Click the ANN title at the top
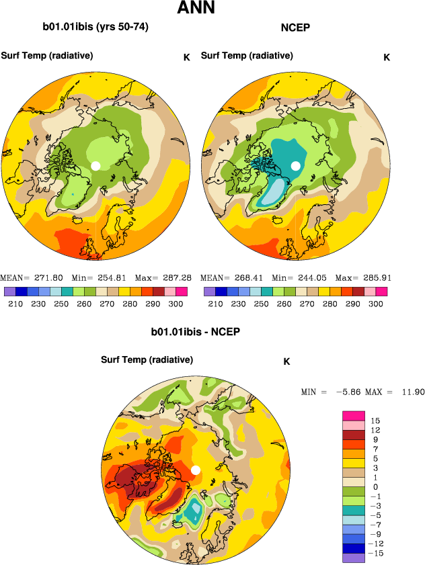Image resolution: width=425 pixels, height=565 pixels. [196, 9]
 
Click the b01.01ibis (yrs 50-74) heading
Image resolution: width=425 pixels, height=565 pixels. [95, 28]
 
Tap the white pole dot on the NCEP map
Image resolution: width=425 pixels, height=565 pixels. [295, 165]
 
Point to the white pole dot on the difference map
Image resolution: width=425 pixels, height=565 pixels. [196, 470]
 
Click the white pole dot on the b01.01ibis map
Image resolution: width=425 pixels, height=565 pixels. [95, 165]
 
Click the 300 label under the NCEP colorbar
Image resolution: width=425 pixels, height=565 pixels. [376, 304]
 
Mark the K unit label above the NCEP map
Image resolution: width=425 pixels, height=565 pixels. [387, 57]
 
